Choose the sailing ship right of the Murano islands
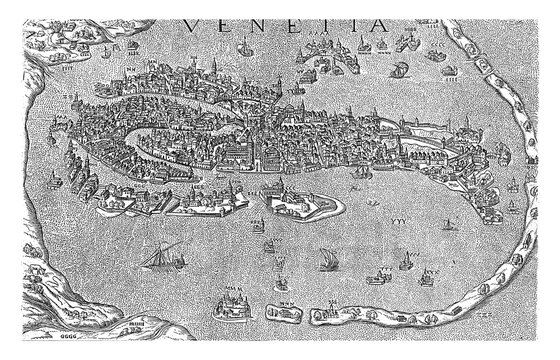coord(397,69)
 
